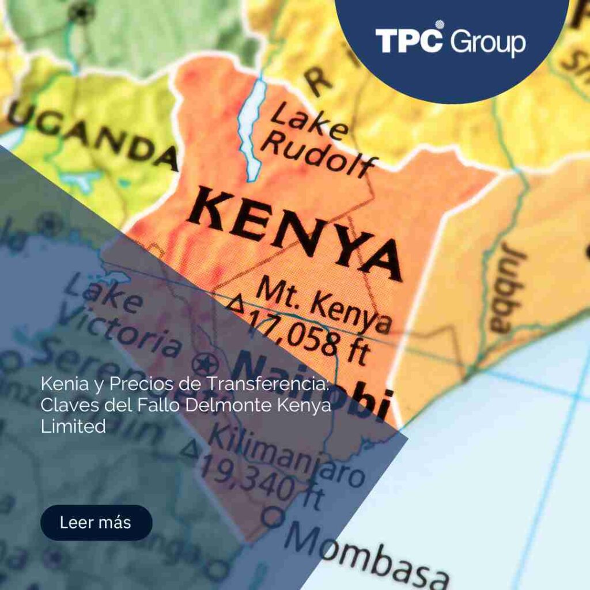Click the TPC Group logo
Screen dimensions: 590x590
[451, 41]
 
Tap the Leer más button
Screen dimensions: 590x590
[96, 523]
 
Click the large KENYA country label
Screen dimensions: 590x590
[294, 230]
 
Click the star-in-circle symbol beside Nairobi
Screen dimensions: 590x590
[205, 364]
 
